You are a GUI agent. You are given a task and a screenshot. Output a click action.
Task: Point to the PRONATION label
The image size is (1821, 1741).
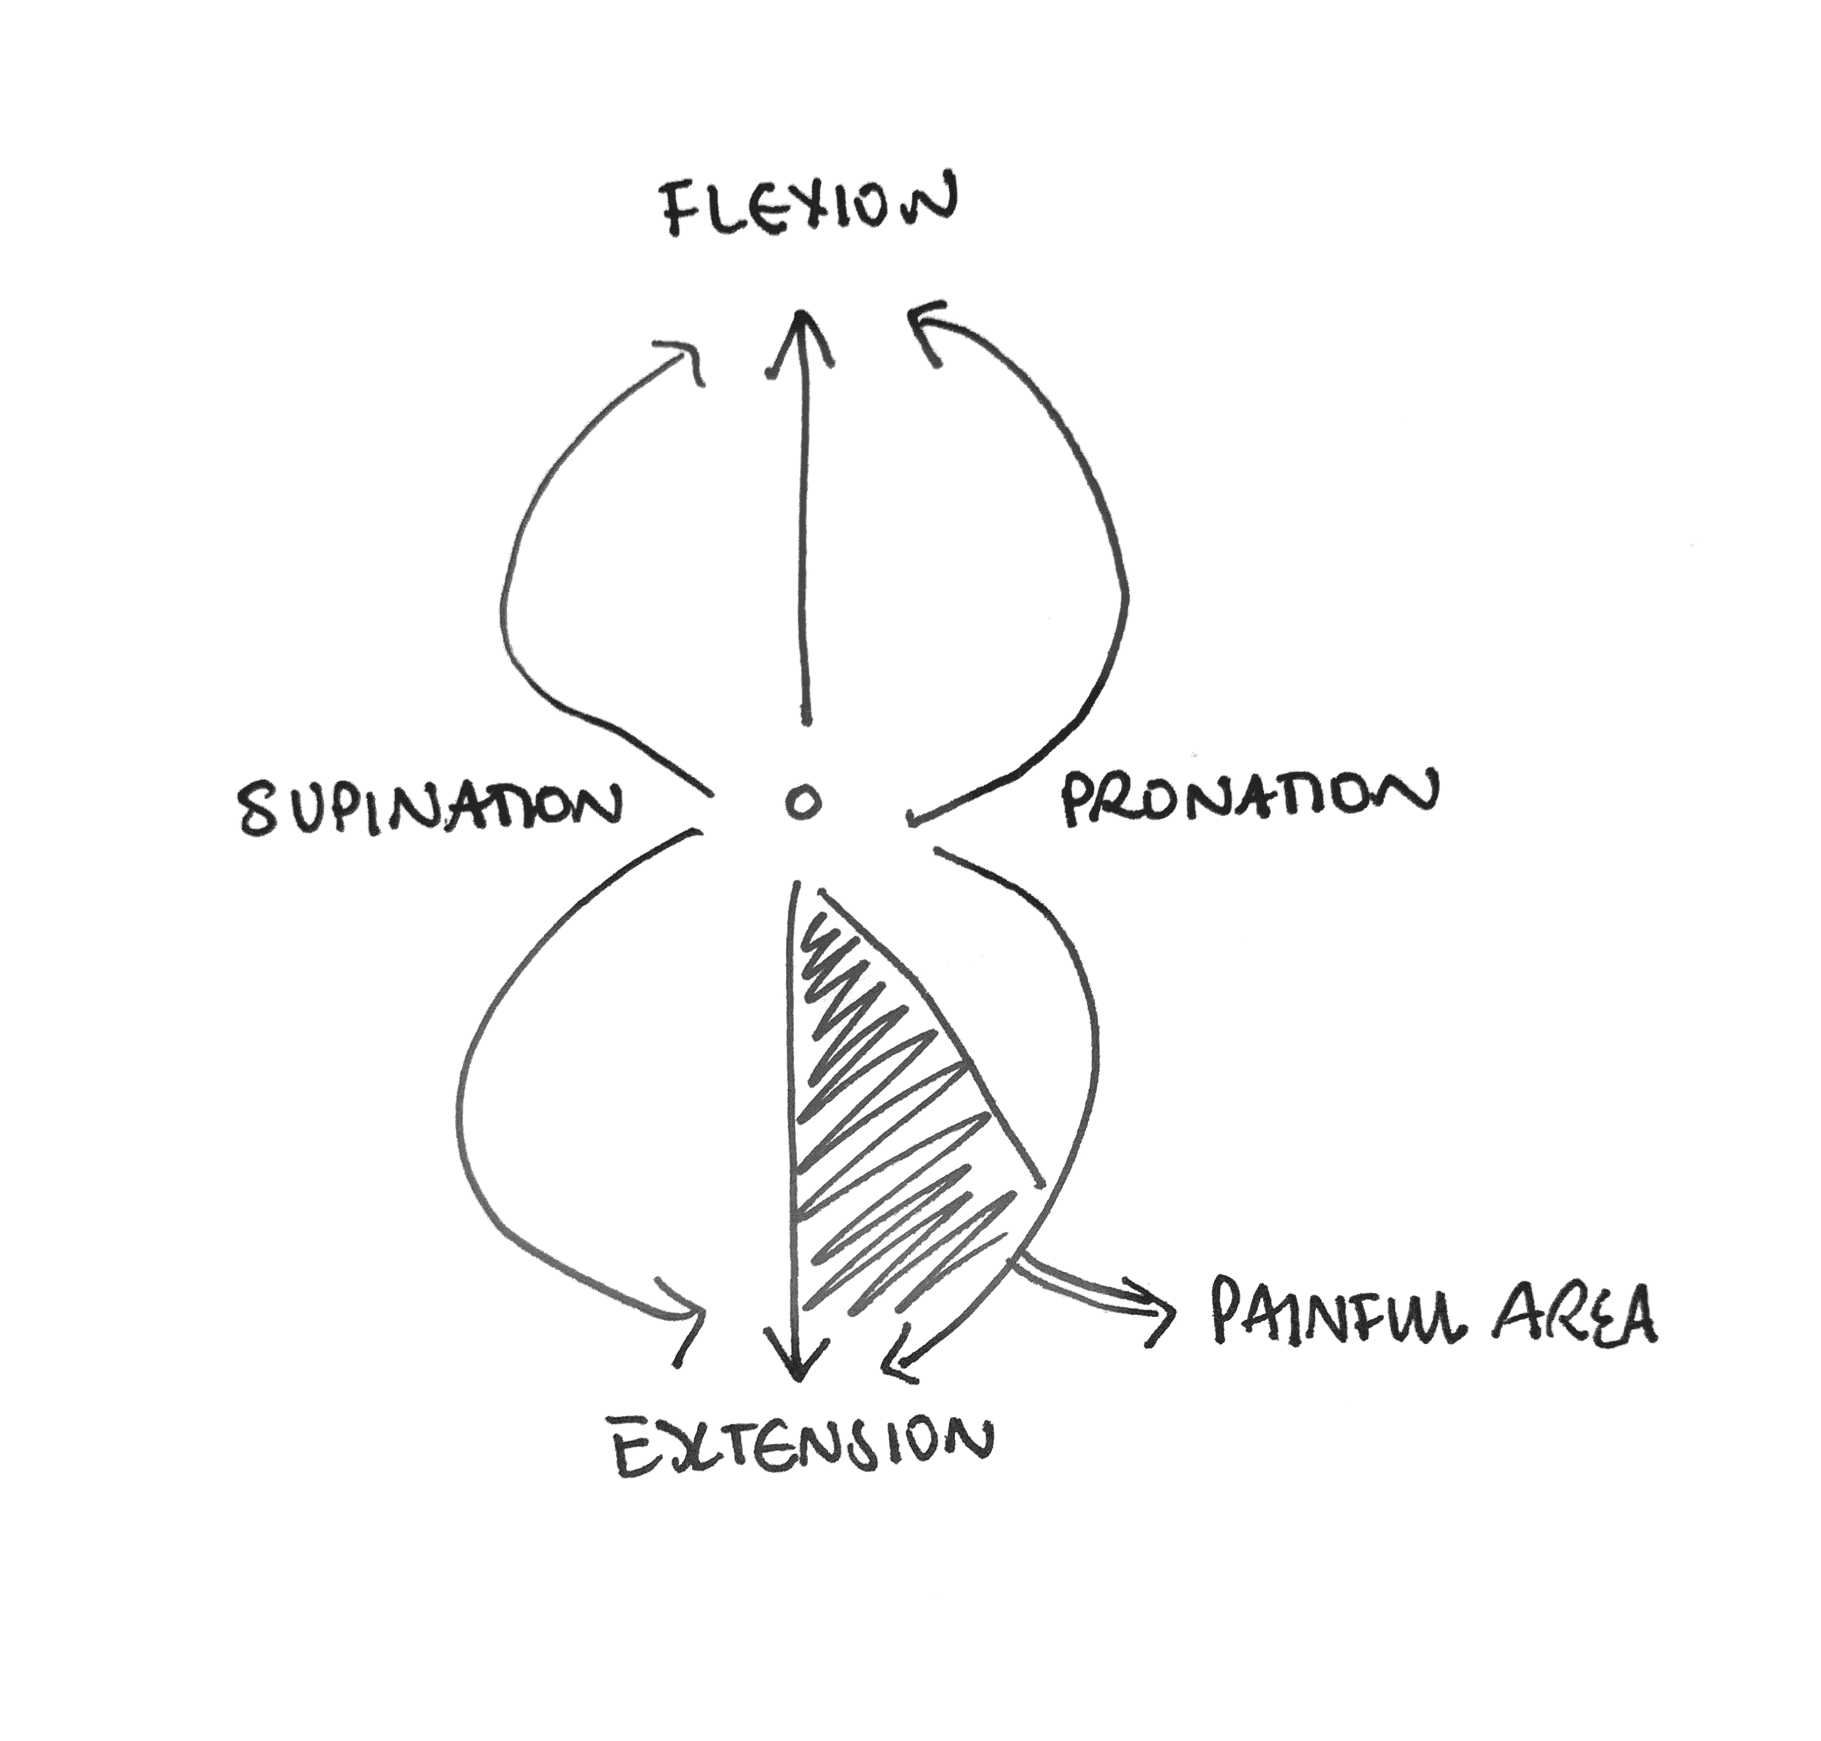1248,800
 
